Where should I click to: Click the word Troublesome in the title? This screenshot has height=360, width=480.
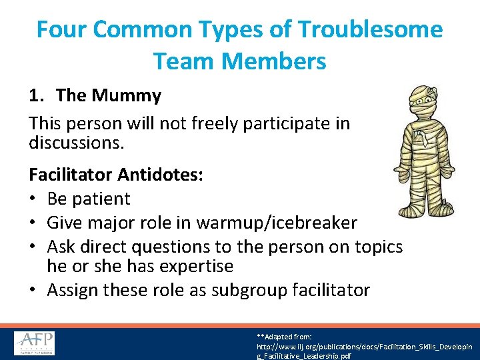coord(370,30)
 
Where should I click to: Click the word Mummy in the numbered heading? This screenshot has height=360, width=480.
coord(127,96)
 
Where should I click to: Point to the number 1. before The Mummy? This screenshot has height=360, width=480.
coord(37,96)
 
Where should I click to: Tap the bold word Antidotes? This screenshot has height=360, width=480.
coord(161,175)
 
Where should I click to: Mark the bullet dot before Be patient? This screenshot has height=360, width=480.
coord(33,199)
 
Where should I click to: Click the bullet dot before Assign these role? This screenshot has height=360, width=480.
coord(33,290)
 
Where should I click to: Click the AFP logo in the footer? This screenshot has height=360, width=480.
coord(35,343)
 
